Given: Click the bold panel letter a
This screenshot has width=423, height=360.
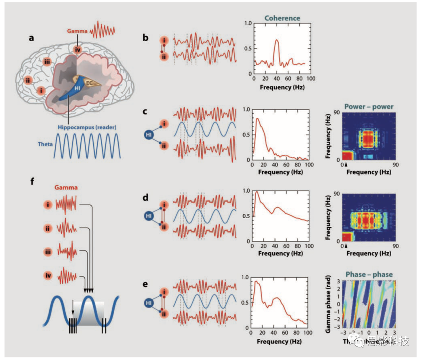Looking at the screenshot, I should (31, 38).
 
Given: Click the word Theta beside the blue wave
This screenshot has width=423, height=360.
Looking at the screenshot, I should (45, 144).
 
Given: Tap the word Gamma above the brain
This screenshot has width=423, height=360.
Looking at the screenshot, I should (77, 30).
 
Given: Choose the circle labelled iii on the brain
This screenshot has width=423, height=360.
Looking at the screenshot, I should (47, 62).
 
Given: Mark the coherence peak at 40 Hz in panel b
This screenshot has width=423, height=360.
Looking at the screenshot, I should (277, 40).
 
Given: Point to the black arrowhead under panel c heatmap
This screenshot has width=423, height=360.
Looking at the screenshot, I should (346, 165).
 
